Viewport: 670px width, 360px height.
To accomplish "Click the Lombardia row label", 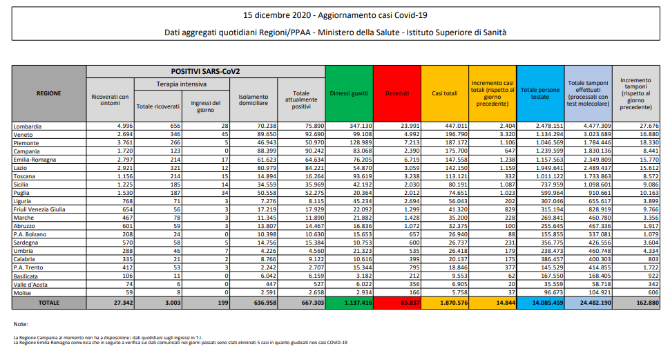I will tap(28, 126).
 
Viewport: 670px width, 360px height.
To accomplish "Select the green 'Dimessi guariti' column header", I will tap(349, 93).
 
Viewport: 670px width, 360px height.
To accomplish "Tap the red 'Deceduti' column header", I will tap(397, 93).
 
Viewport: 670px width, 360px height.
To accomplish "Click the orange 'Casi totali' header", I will tap(445, 93).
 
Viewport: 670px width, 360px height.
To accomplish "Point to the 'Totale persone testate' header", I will tap(540, 93).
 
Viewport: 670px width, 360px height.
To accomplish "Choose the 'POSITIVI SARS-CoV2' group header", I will tap(205, 71).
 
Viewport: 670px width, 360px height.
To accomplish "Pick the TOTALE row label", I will tap(48, 303).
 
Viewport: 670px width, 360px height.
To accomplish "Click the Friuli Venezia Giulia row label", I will tap(41, 209).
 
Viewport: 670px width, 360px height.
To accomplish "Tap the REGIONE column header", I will tap(48, 93).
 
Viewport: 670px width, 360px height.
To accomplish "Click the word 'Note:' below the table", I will tap(20, 324).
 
